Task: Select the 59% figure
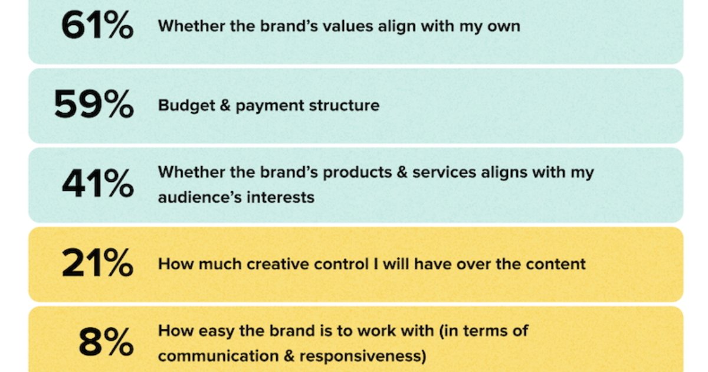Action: pyautogui.click(x=94, y=106)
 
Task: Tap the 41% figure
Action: pyautogui.click(x=97, y=184)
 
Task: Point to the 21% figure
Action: pyautogui.click(x=97, y=263)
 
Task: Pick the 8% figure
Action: pyautogui.click(x=106, y=343)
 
